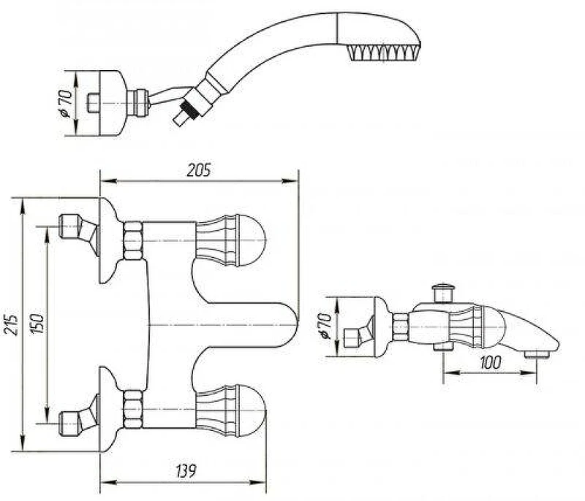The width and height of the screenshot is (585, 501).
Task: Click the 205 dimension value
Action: [x=198, y=170]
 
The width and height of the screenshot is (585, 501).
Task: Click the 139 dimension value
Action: [x=186, y=471]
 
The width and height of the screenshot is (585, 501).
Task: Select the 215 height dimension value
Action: [x=12, y=325]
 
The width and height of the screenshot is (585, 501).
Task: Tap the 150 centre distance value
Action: [x=37, y=324]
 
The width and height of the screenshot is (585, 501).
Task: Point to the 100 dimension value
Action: [x=490, y=362]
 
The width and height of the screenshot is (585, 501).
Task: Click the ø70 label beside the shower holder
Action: [x=66, y=103]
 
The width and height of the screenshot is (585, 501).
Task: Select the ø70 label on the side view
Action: [x=325, y=326]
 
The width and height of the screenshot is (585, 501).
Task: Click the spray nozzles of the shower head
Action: [x=382, y=52]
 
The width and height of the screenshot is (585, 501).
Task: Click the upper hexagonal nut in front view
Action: [x=133, y=240]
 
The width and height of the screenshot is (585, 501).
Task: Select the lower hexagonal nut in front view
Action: [x=133, y=409]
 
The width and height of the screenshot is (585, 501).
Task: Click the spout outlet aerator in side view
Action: [x=537, y=353]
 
